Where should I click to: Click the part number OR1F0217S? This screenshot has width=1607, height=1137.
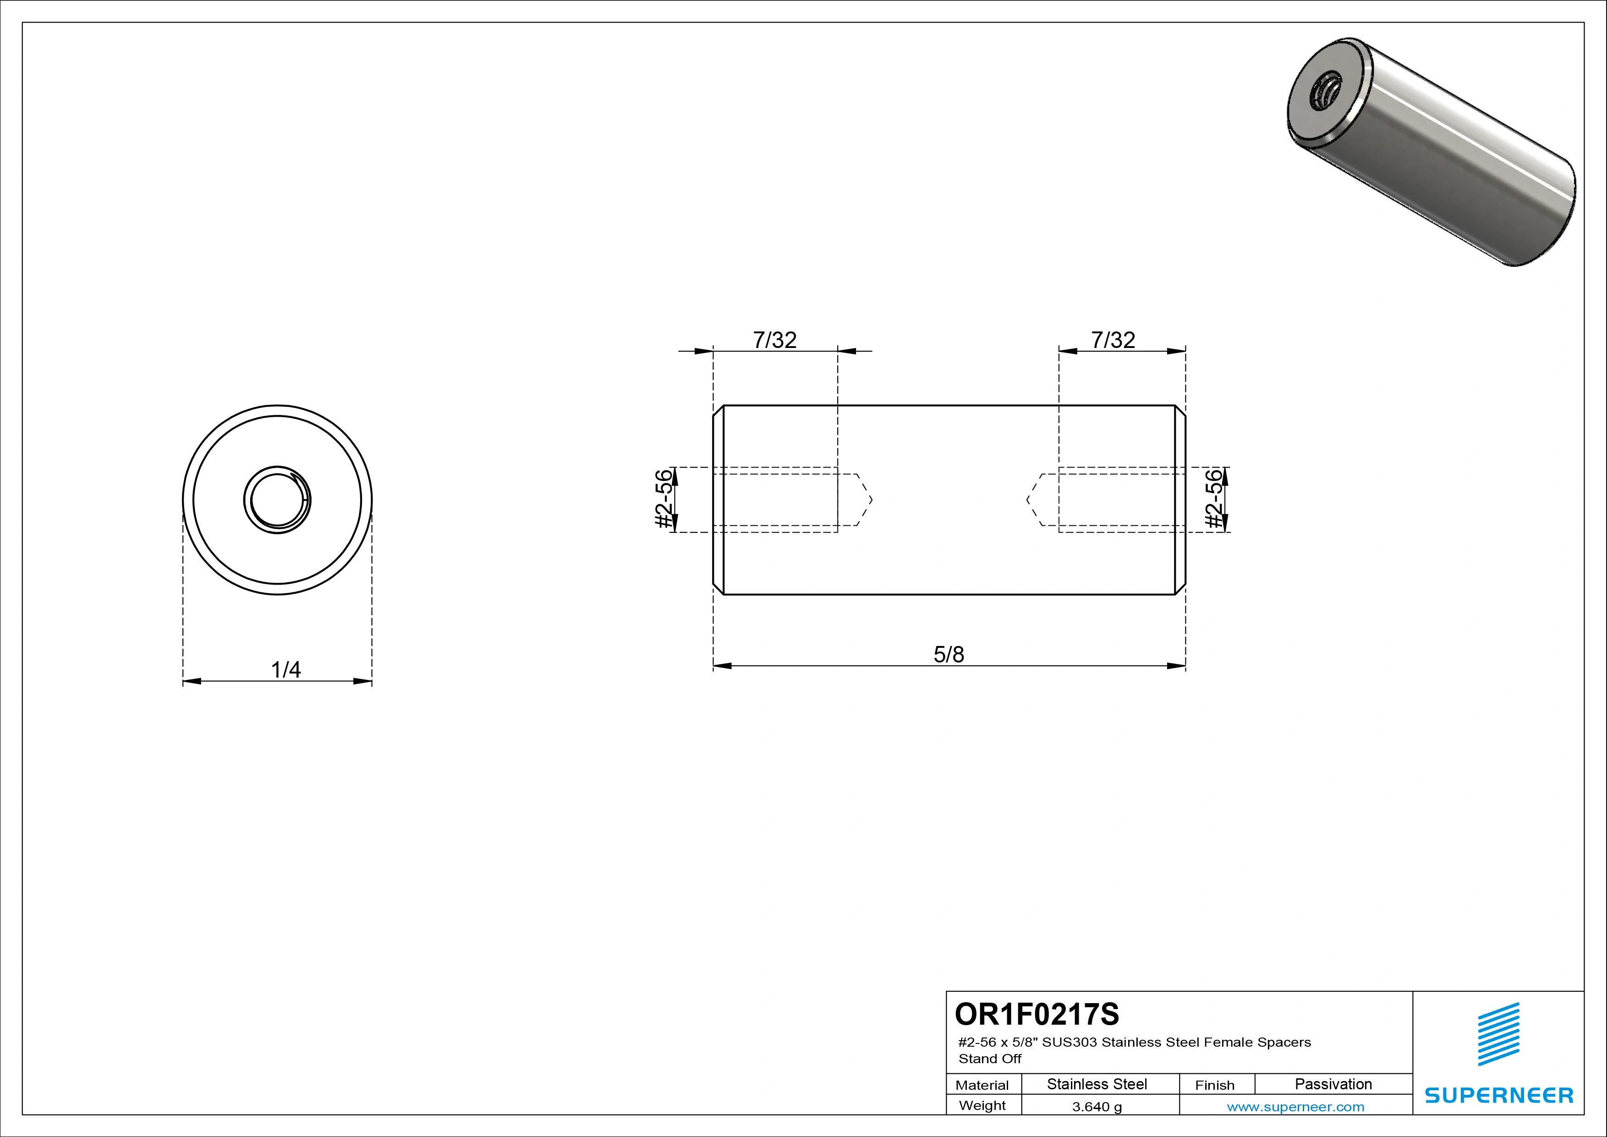(1037, 1014)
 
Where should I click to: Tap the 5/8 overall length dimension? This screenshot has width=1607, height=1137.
(949, 654)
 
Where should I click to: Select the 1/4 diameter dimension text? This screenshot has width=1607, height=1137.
(285, 670)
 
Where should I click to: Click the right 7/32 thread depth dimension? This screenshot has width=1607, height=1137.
(1113, 340)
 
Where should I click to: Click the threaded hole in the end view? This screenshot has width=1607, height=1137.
(277, 500)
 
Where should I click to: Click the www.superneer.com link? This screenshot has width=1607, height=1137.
(1295, 1107)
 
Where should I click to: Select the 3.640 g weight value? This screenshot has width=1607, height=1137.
(1097, 1107)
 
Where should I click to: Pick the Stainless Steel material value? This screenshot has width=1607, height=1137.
(1097, 1084)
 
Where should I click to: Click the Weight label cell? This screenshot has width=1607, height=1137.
(982, 1105)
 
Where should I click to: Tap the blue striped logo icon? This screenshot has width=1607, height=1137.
(1498, 1034)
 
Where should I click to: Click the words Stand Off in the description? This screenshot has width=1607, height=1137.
(990, 1059)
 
